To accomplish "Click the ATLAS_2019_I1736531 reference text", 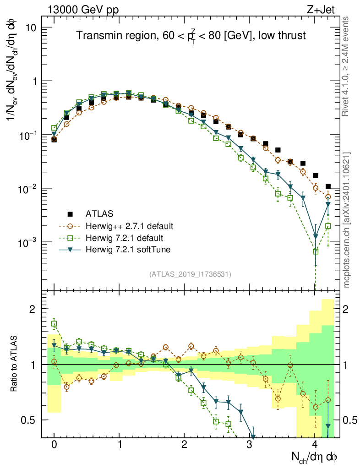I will [x=190, y=274].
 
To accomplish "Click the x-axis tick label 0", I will [x=54, y=445].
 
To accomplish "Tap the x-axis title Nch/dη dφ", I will [x=314, y=457].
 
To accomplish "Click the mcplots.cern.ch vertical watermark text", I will [x=347, y=220].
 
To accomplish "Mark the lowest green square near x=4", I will [x=315, y=251].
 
